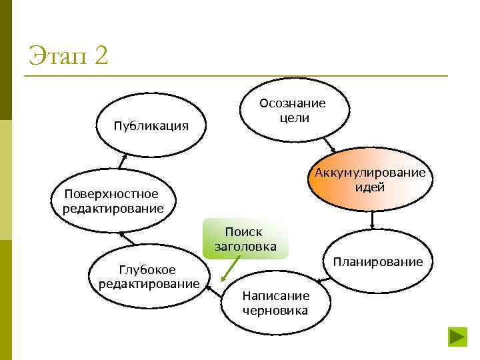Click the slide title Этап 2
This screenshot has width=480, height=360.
[x=68, y=55]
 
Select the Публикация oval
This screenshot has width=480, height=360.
[x=151, y=125]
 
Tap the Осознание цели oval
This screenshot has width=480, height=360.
[x=293, y=111]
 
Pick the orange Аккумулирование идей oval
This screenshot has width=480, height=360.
[x=370, y=179]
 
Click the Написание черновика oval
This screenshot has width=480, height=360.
[x=275, y=303]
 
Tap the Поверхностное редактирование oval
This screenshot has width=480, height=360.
[x=113, y=201]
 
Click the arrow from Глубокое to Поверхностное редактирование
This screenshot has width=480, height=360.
[x=128, y=237]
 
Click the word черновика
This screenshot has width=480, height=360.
[x=275, y=310]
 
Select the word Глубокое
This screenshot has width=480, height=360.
[x=147, y=269]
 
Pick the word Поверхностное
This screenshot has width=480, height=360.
[x=111, y=194]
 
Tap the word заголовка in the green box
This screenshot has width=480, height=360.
[x=245, y=246]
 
